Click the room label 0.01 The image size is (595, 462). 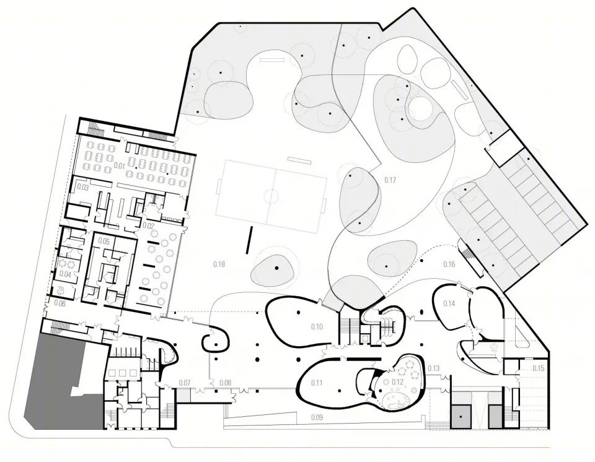click(120, 166)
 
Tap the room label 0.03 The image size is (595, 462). click(83, 188)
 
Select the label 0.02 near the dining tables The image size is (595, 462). click(148, 225)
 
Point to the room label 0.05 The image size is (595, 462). click(104, 242)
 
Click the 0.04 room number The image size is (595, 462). click(66, 274)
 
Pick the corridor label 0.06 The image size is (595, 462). click(60, 303)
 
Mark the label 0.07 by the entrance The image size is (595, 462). click(185, 383)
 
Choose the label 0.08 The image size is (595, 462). click(226, 383)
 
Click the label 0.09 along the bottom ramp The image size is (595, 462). click(317, 417)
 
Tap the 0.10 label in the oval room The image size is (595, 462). click(317, 326)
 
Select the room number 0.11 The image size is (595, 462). click(317, 383)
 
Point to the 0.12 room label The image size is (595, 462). click(397, 382)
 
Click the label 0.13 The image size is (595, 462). click(434, 368)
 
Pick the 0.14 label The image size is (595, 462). click(449, 303)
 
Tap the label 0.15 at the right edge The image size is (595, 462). click(539, 368)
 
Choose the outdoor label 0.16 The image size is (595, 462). click(449, 264)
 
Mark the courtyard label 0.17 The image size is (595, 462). click(390, 180)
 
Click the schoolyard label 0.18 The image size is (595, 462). click(219, 264)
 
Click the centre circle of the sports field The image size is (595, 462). click(271, 197)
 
